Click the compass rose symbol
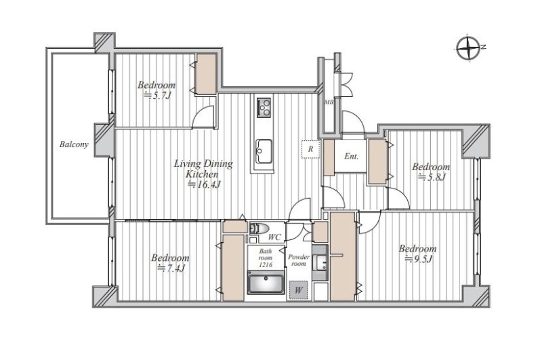click(469, 48)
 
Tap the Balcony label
click(74, 144)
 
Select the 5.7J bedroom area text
click(157, 95)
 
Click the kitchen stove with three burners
click(264, 108)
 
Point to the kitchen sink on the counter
click(264, 151)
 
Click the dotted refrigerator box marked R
click(310, 149)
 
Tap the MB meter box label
click(329, 102)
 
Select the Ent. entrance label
click(351, 157)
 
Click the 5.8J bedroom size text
click(432, 178)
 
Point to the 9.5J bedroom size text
click(419, 259)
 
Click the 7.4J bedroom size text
click(171, 268)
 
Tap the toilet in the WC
click(259, 228)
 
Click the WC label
click(275, 237)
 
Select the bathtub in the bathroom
click(266, 282)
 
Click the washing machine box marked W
click(298, 289)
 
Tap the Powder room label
click(299, 260)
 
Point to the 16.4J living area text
click(204, 184)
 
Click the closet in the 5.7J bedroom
click(206, 74)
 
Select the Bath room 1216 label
click(266, 258)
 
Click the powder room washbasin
click(320, 263)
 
